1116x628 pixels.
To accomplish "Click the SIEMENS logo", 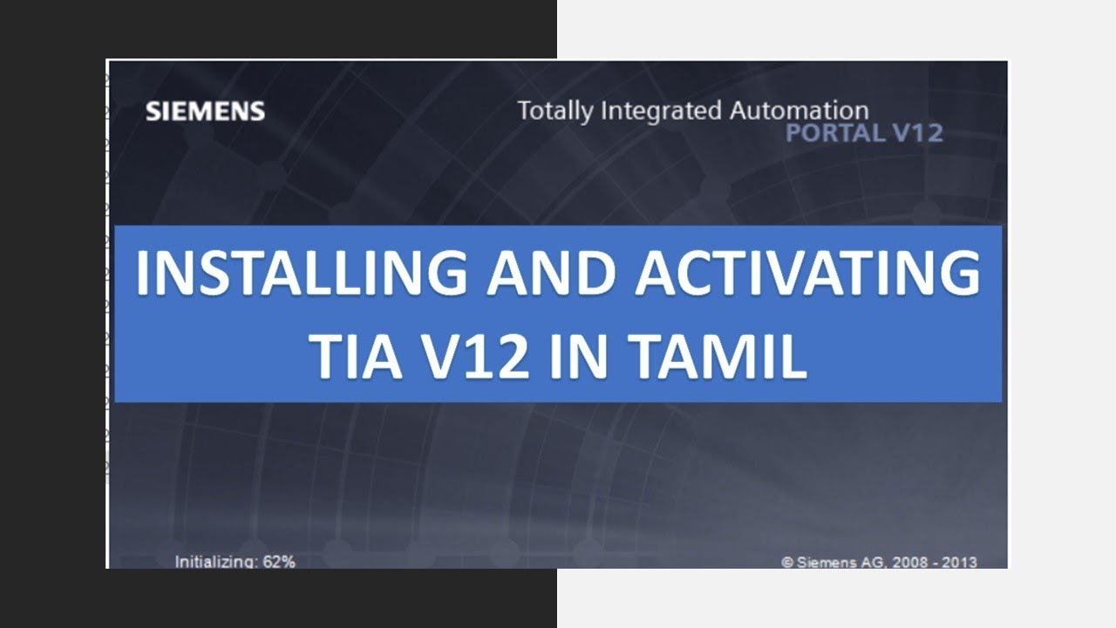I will tap(205, 112).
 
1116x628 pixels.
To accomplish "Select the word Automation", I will tap(799, 112).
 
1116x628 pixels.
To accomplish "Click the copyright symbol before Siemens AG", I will tap(787, 563).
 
